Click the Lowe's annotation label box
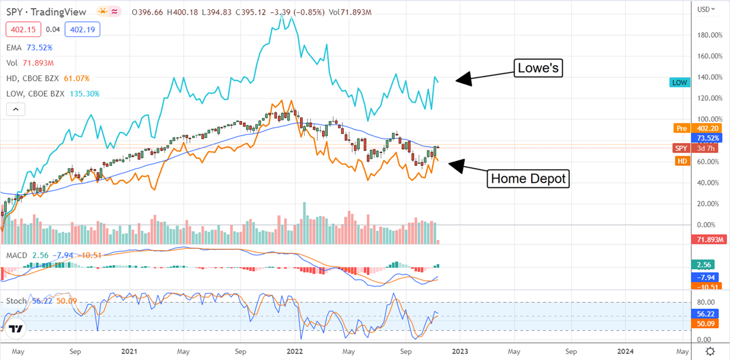coord(538,69)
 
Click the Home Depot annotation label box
coord(528,179)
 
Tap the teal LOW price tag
coord(680,82)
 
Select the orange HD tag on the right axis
coord(682,160)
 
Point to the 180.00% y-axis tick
coord(708,35)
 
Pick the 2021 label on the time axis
coord(128,351)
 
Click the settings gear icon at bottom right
coord(710,351)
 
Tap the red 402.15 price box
coord(20,29)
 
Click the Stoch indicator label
coord(16,300)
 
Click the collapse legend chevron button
coord(16,109)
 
